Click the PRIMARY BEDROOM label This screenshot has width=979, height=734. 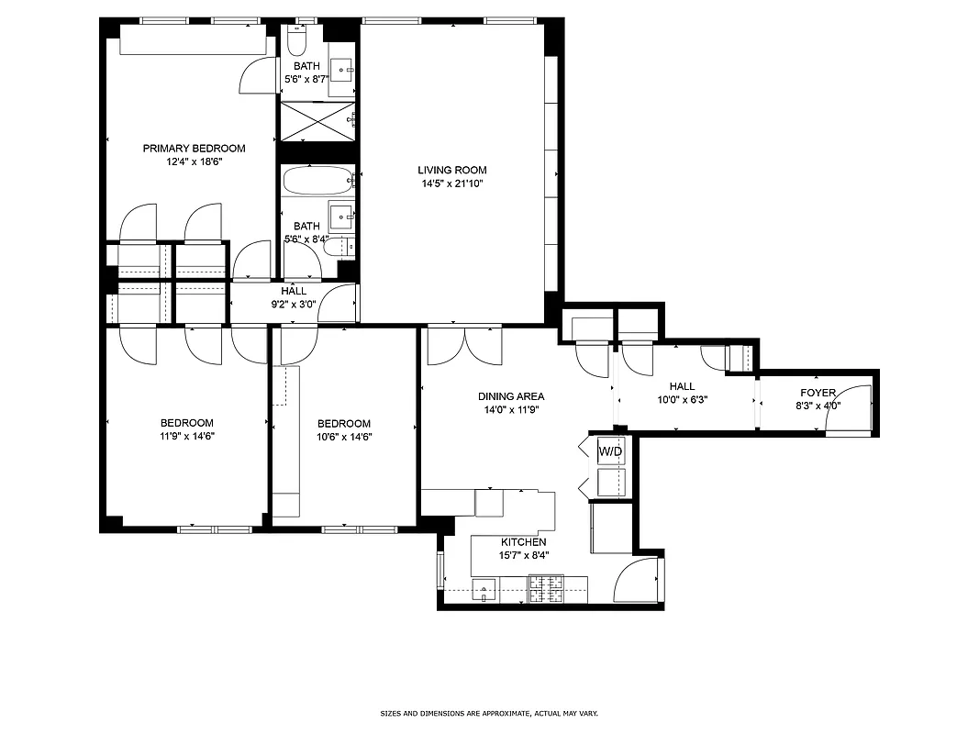194,148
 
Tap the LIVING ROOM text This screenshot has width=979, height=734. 451,170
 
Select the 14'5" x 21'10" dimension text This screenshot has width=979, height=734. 451,183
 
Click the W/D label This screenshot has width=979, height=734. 610,451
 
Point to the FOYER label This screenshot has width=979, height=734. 817,393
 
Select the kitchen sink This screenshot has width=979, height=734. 484,590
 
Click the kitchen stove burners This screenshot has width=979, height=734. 546,588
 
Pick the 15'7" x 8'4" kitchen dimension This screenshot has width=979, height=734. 523,555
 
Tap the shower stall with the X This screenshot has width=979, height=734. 316,121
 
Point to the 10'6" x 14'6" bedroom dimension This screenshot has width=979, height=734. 344,437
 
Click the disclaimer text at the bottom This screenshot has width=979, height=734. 489,713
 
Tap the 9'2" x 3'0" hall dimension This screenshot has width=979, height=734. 294,304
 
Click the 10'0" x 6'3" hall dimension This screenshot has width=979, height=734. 682,400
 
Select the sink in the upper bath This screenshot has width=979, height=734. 342,68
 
